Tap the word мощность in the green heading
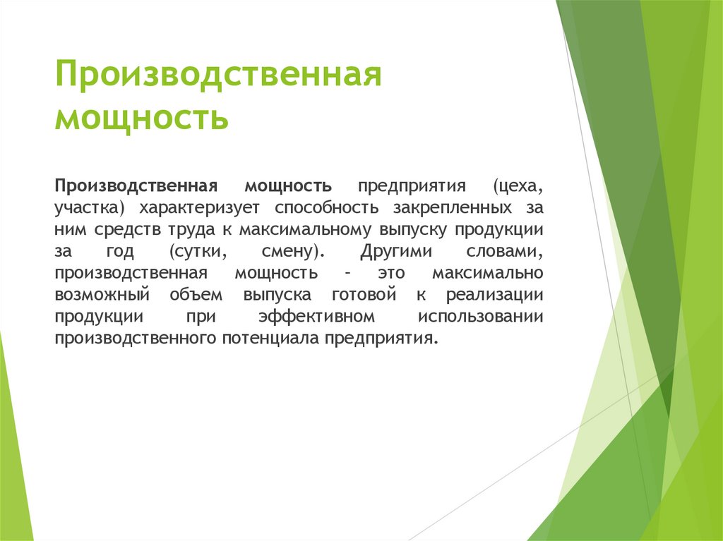141,118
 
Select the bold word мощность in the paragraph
288,186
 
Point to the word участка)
90,208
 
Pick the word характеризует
200,208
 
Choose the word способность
327,208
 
